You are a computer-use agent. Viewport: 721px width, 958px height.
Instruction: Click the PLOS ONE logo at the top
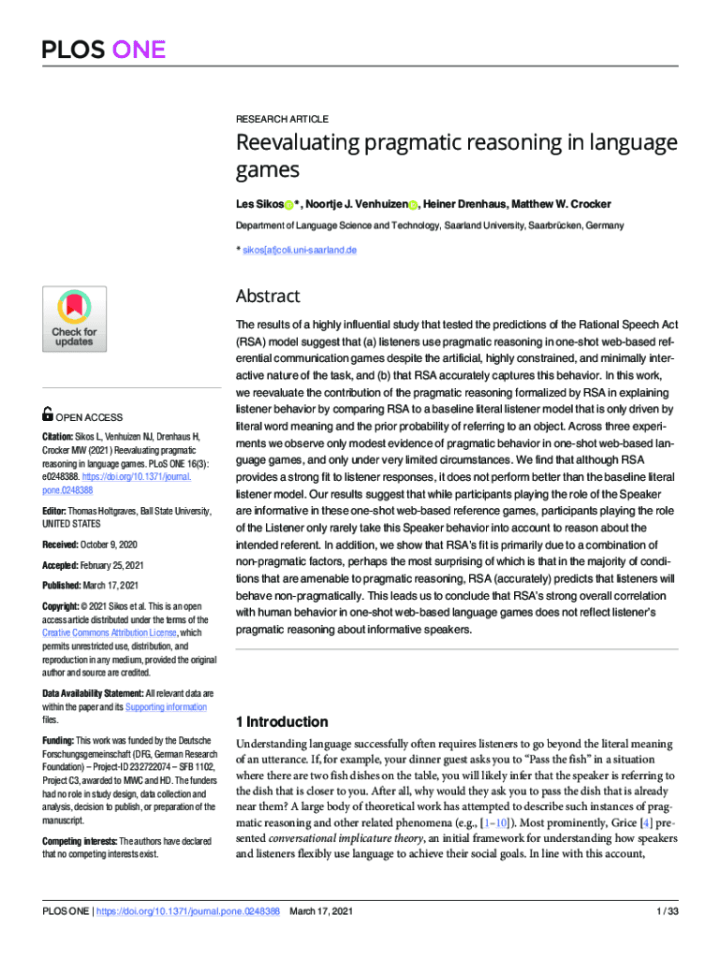(103, 49)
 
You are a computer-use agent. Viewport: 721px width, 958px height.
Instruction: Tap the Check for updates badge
(74, 321)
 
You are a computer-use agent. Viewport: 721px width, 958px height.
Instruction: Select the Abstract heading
(268, 297)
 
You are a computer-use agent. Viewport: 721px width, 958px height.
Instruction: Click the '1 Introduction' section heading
(282, 721)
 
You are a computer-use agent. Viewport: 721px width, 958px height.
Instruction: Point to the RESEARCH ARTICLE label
(282, 120)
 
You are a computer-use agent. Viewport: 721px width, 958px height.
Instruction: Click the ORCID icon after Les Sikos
(289, 205)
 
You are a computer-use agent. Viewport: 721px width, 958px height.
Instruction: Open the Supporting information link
(166, 706)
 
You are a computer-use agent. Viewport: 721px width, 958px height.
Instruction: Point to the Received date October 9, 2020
(110, 544)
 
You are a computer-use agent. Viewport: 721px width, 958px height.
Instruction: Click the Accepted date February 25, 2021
(114, 565)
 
